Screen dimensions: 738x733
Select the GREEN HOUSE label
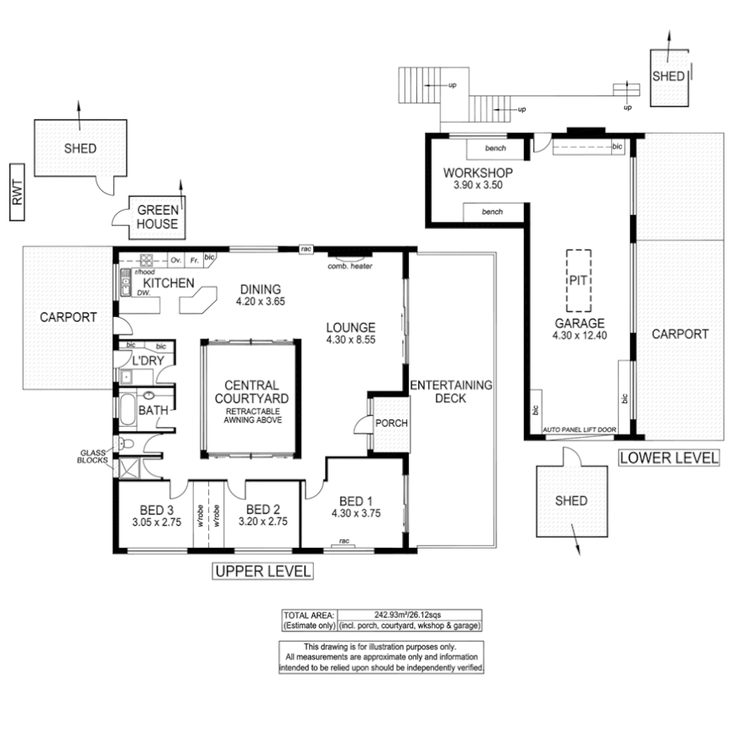point(157,217)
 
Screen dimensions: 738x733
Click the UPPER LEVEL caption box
point(262,571)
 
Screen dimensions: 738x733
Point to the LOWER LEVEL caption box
point(669,458)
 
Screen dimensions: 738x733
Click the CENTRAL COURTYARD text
point(252,391)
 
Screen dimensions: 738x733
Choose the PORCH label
point(391,424)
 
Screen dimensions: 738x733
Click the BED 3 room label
point(157,510)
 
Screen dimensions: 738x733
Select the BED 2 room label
point(263,510)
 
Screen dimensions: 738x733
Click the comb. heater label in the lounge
point(350,266)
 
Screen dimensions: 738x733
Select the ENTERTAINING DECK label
point(450,391)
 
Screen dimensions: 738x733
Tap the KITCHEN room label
point(168,283)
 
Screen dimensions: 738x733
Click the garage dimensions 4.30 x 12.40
point(580,335)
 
